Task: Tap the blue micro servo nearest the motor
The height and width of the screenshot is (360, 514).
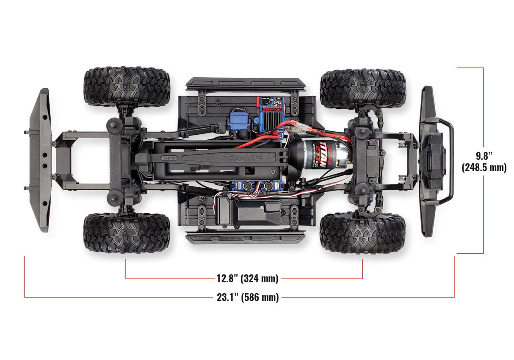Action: tap(271, 186)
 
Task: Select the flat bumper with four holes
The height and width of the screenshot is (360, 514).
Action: tap(40, 160)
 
